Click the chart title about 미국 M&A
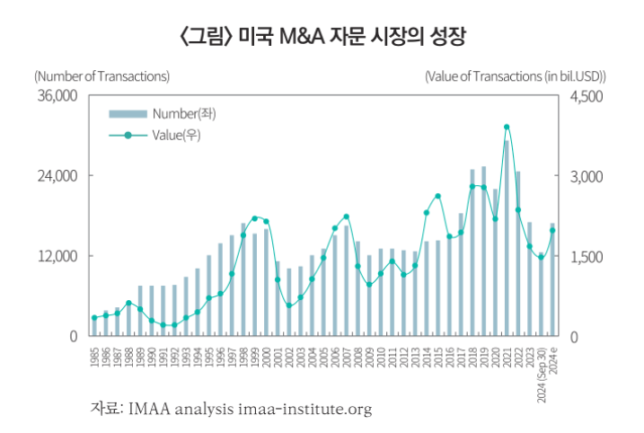322,37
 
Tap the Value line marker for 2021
507,128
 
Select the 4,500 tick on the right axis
587,96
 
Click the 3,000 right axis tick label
587,176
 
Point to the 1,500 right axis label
587,256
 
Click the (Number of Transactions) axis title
101,76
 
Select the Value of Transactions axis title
516,76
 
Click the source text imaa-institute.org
304,410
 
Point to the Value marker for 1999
255,218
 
